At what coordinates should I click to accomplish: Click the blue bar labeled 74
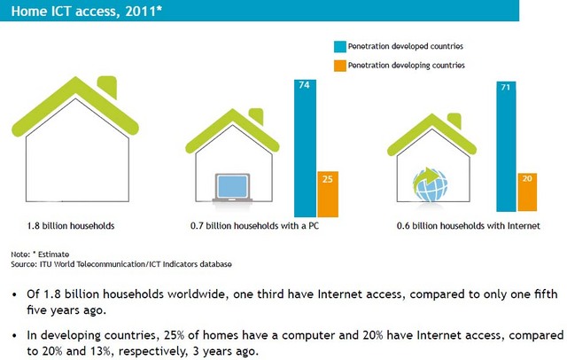point(305,148)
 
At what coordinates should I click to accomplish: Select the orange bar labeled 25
point(328,194)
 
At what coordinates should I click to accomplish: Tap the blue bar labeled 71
point(506,146)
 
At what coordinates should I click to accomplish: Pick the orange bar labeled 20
point(527,192)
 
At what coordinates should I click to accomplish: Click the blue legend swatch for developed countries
point(340,47)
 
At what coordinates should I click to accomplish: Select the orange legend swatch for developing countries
point(340,66)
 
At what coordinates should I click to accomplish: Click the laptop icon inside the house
point(232,188)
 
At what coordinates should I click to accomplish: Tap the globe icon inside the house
point(431,184)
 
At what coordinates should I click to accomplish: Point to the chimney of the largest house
point(108,87)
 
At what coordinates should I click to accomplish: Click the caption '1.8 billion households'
point(71,226)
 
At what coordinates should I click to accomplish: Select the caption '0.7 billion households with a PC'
point(254,226)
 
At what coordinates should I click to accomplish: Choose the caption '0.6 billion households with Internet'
point(469,226)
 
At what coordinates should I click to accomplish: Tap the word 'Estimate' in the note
point(53,254)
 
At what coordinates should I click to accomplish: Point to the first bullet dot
point(14,295)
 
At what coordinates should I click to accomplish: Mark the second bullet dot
point(14,336)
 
